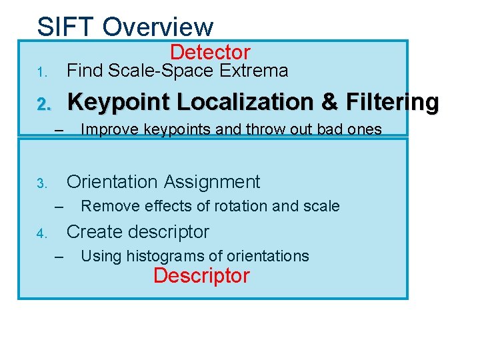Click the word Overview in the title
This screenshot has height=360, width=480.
click(x=159, y=27)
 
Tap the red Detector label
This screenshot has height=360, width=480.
click(x=210, y=52)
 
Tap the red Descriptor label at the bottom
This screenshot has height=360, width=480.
click(x=201, y=275)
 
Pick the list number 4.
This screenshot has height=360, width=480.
click(x=41, y=233)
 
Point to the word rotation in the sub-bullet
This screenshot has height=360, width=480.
click(x=241, y=206)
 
